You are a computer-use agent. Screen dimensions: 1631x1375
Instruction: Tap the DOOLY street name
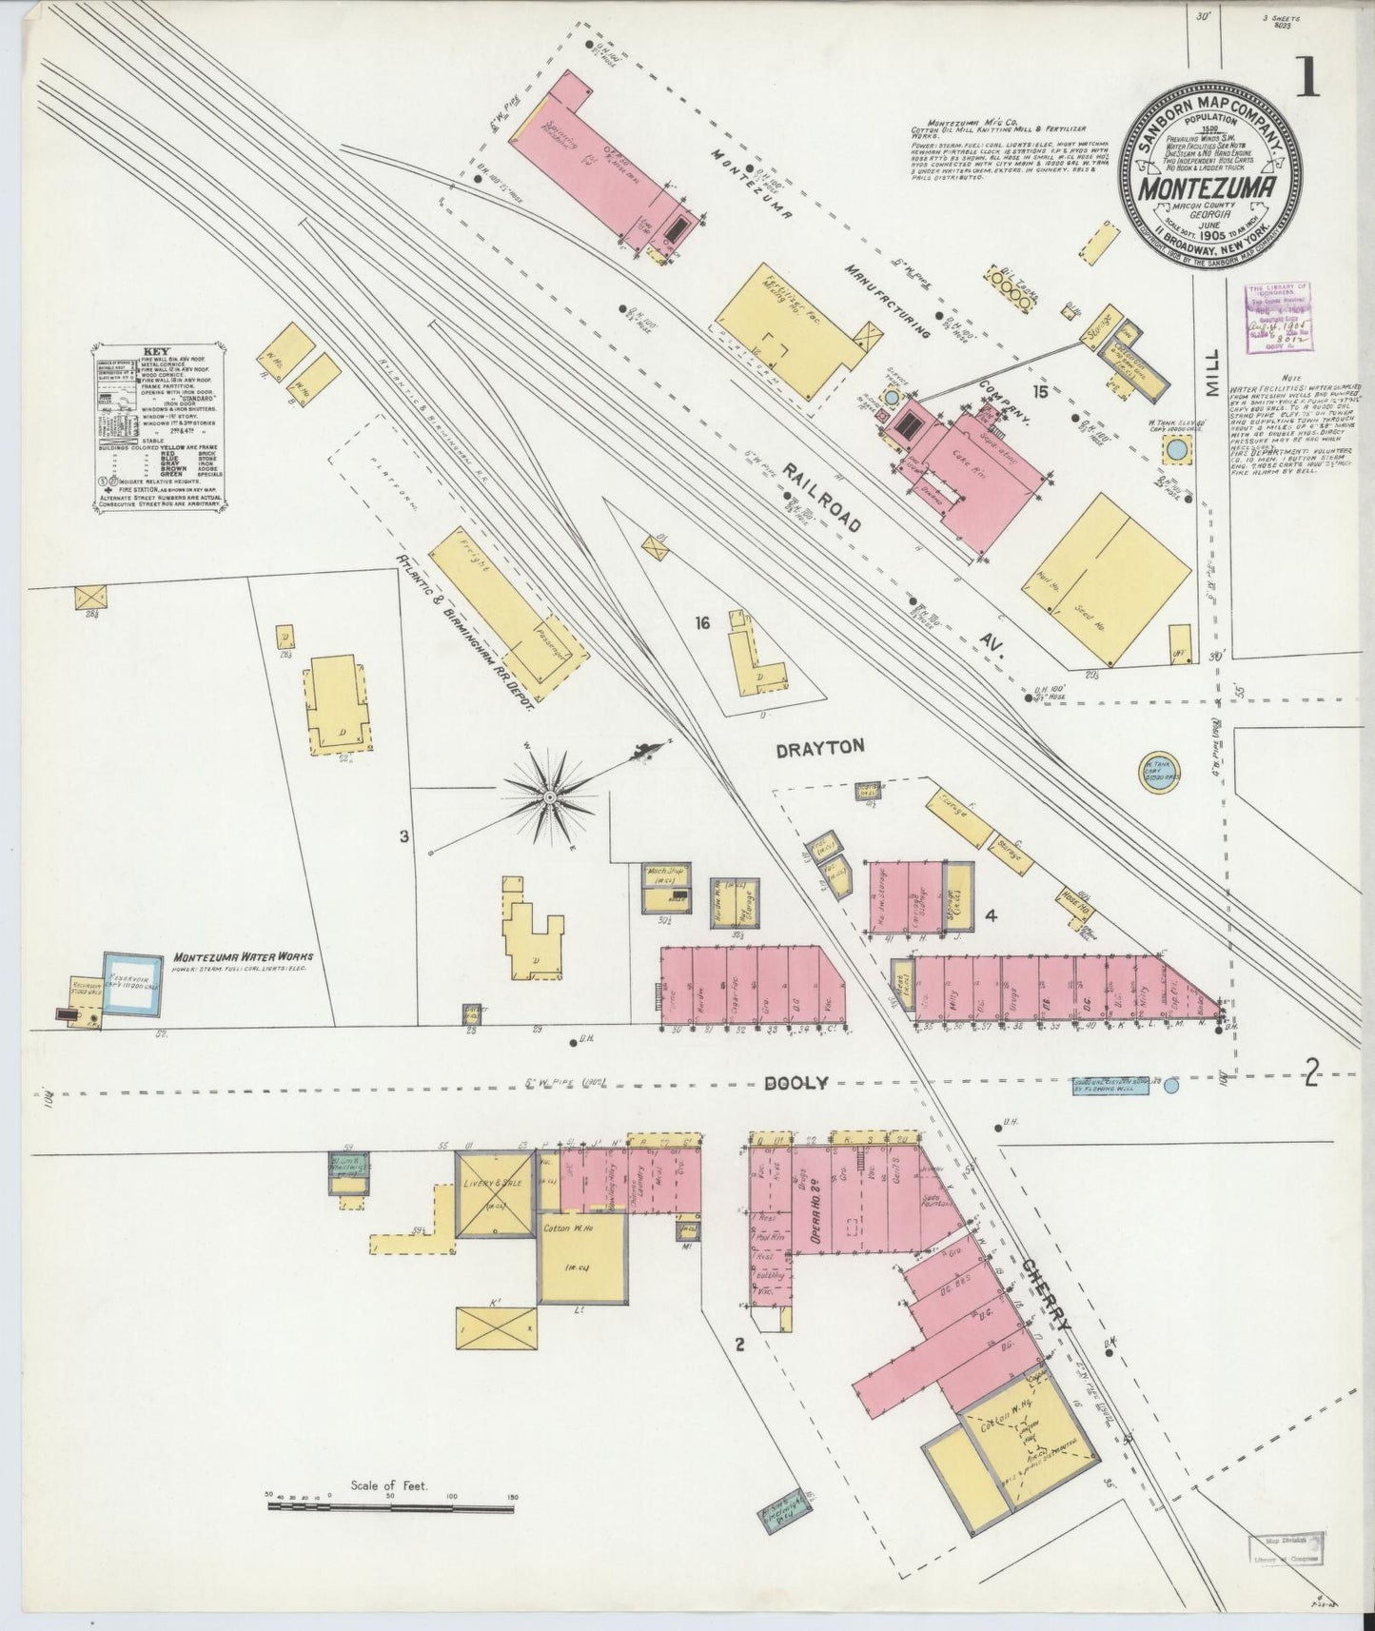coord(796,1083)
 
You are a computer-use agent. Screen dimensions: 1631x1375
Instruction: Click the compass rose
coord(550,794)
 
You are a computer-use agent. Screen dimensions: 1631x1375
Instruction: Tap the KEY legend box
coord(161,415)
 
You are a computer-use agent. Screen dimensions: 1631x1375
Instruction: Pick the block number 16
coord(702,623)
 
